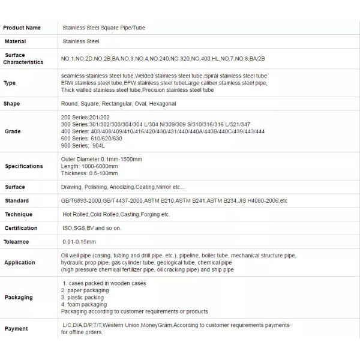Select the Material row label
pyautogui.click(x=15, y=41)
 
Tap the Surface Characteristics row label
pyautogui.click(x=23, y=58)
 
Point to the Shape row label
pyautogui.click(x=11, y=104)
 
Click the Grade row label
pyautogui.click(x=12, y=131)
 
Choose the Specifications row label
pyautogui.click(x=24, y=166)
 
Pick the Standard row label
pyautogui.click(x=16, y=200)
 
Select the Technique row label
pyautogui.click(x=18, y=214)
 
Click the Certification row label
pyautogui.click(x=21, y=228)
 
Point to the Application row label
pyautogui.click(x=19, y=262)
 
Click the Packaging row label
pyautogui.click(x=19, y=297)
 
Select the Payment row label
pyautogui.click(x=16, y=329)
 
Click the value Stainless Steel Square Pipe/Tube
pyautogui.click(x=104, y=28)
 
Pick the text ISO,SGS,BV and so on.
pyautogui.click(x=92, y=228)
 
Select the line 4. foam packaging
pyautogui.click(x=84, y=304)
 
